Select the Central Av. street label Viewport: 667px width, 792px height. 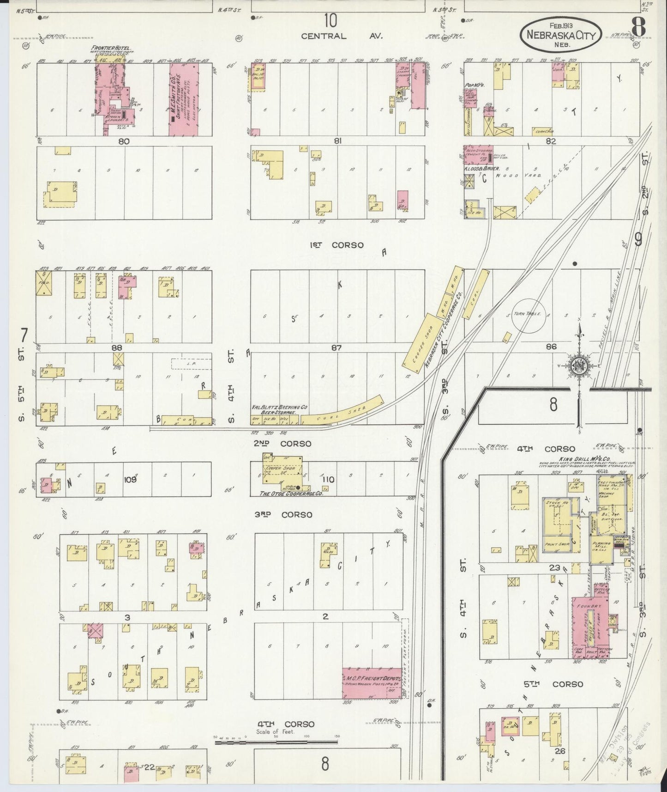(x=342, y=36)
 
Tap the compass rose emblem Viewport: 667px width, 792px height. (x=577, y=365)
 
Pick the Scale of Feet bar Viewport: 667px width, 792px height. (x=276, y=743)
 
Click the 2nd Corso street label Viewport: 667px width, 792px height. (x=282, y=444)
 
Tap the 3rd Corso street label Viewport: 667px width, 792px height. (x=283, y=515)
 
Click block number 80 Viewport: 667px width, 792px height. (x=124, y=141)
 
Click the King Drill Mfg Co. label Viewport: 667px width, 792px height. (x=578, y=459)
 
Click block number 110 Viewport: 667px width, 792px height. (x=328, y=479)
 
